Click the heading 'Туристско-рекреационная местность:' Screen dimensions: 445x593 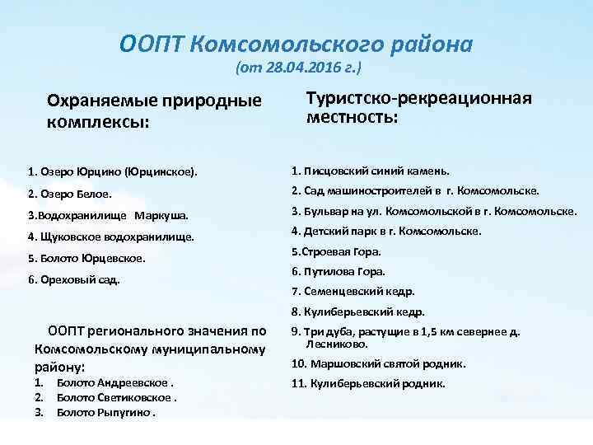pos(418,108)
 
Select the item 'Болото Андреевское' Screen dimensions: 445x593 pos(112,383)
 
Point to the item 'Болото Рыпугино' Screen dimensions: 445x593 pos(104,412)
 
